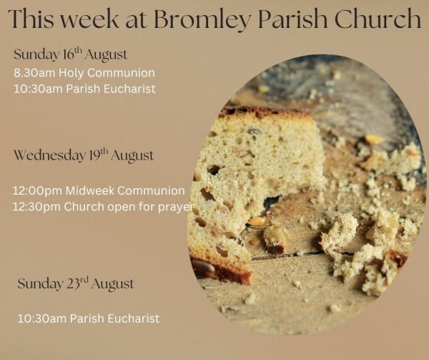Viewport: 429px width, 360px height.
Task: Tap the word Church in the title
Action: point(378,18)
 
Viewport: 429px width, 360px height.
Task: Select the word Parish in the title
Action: point(292,18)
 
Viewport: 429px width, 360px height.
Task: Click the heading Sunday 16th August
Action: point(70,54)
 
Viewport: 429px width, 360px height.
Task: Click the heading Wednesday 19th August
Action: point(84,155)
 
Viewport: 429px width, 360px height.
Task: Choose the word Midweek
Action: point(90,190)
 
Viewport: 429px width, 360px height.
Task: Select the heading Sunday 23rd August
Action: point(76,283)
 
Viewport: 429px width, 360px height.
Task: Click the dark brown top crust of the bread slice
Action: point(262,112)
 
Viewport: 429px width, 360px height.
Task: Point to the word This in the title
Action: point(31,19)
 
